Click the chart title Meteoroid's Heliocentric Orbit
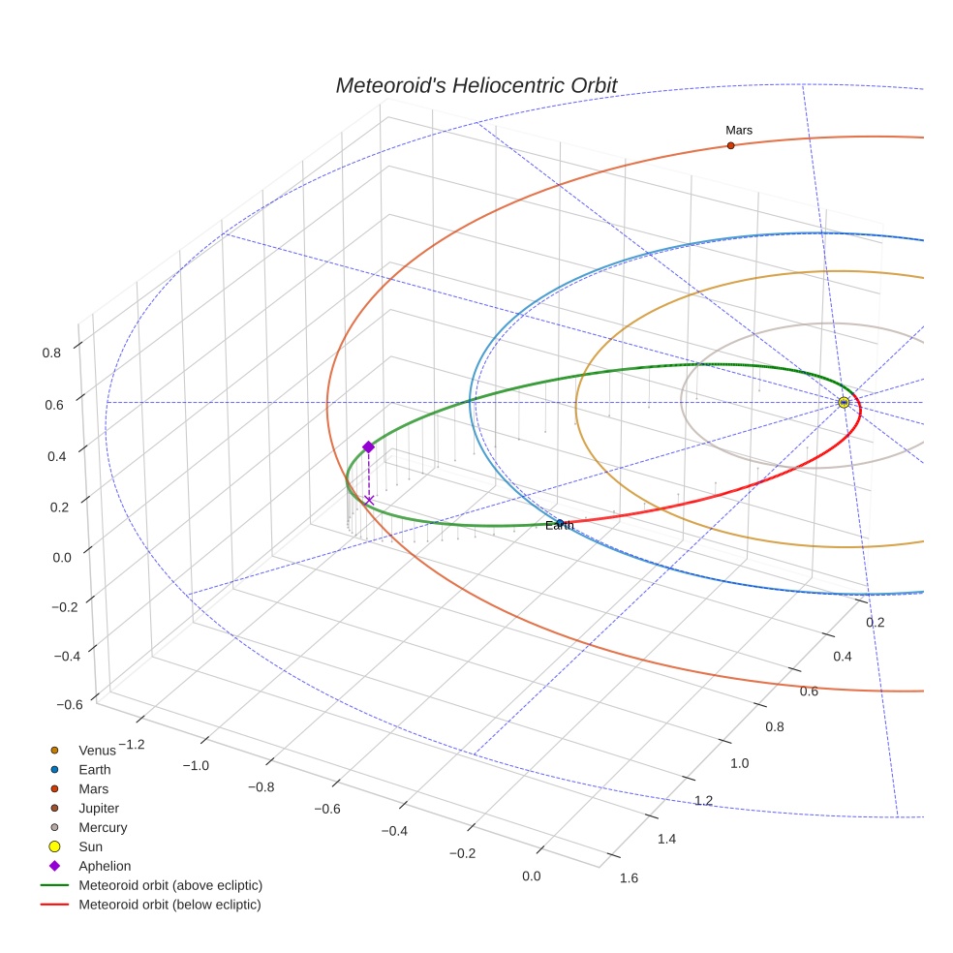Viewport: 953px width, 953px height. point(476,85)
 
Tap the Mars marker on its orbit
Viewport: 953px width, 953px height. point(730,145)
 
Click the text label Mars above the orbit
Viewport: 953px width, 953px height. point(739,130)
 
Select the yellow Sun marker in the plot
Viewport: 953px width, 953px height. point(844,402)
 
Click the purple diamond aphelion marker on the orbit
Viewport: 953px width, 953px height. point(368,446)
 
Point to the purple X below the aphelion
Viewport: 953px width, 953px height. point(369,500)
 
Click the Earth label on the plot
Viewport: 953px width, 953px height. point(559,526)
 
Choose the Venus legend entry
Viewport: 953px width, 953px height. point(97,750)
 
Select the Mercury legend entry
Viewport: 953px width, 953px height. point(102,827)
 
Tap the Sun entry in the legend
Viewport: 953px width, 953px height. point(92,846)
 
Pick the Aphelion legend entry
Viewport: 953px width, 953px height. point(104,866)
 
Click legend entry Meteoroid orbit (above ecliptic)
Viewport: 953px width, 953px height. point(169,885)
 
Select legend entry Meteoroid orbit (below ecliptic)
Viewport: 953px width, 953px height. point(169,905)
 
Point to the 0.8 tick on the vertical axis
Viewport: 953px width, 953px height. point(51,354)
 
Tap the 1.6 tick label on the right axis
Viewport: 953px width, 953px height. point(628,878)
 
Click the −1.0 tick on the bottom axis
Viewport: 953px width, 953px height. point(197,765)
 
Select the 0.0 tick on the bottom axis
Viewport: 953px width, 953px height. point(531,876)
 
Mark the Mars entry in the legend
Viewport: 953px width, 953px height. point(93,788)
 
